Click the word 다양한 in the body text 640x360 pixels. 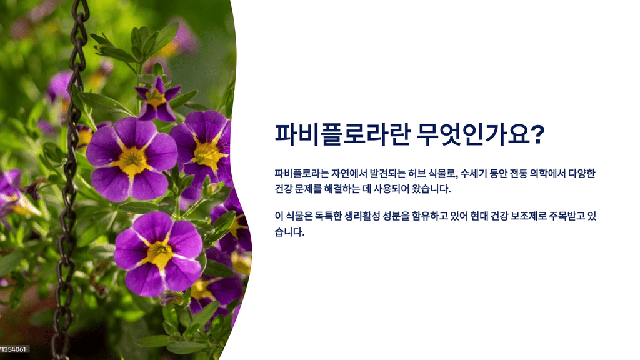coord(586,173)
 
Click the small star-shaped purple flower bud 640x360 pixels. coord(157,99)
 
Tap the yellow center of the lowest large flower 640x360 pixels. coord(159,253)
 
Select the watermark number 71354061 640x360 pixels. coord(13,349)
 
